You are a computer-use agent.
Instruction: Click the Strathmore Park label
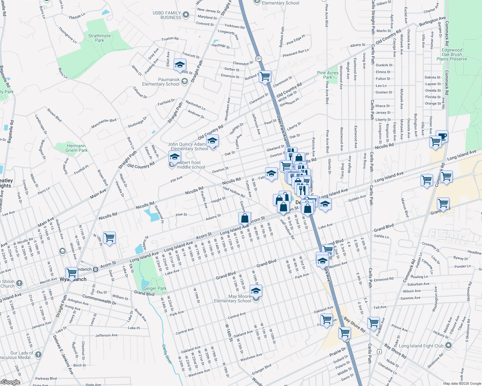(99, 38)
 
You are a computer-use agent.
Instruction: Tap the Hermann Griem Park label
(76, 148)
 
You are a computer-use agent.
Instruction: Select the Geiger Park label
(155, 289)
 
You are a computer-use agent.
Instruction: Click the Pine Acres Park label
(328, 75)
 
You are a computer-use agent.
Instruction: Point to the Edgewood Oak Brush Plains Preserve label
(452, 54)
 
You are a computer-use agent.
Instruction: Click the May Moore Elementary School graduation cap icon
(256, 291)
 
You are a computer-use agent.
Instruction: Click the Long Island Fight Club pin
(448, 346)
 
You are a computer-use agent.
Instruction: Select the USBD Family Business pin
(186, 15)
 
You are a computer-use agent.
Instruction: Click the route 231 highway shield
(258, 59)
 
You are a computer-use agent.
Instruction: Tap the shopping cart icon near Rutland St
(265, 77)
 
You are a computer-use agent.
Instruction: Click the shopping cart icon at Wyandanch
(72, 273)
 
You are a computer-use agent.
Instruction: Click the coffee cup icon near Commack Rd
(442, 136)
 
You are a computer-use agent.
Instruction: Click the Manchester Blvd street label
(103, 124)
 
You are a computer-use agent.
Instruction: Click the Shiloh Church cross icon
(19, 283)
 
